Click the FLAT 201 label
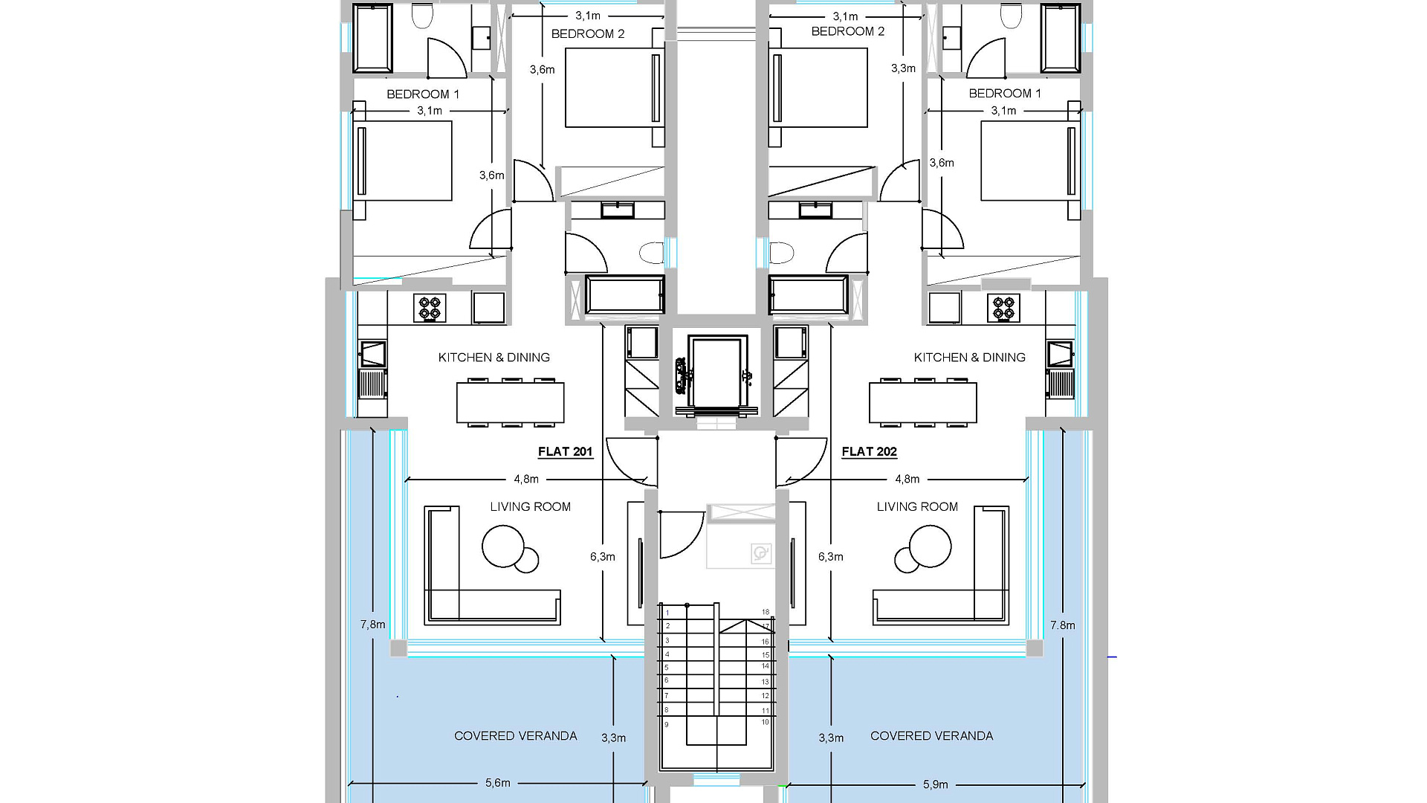pos(565,451)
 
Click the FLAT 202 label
pos(869,451)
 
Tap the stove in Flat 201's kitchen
pos(430,308)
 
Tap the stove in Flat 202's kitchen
pos(1003,308)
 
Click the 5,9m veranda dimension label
pos(935,784)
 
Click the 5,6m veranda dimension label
pos(498,783)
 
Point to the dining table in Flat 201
pos(511,402)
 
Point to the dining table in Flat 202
pos(923,402)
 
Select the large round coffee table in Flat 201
pos(503,546)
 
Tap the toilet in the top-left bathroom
pos(422,16)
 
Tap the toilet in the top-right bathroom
pos(1011,16)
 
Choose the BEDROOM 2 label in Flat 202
pos(848,31)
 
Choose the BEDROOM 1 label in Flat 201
pos(423,94)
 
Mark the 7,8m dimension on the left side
pos(373,625)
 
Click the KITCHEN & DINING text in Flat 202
pos(970,358)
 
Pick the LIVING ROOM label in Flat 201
pos(531,507)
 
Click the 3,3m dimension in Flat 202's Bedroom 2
pos(904,68)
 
